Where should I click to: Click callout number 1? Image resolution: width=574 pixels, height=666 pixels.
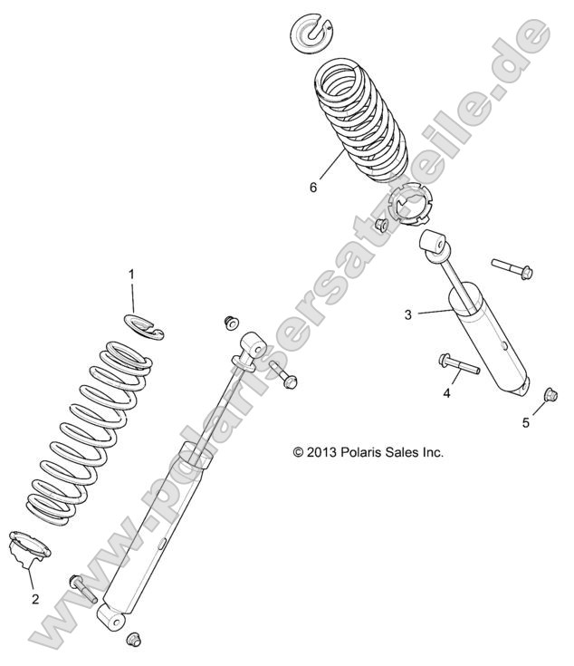130,273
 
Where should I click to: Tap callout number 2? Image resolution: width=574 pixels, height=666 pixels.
35,599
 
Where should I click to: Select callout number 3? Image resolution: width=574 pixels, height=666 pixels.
408,314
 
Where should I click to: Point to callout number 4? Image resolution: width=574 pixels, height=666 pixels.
445,394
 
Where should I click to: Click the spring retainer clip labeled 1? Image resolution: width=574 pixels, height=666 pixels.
146,326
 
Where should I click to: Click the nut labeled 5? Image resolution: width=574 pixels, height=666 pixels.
548,394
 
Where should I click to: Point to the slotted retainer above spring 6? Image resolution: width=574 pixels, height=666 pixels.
311,32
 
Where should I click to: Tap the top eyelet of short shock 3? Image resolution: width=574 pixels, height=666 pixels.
434,246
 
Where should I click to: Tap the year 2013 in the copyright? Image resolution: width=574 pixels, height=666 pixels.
326,450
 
